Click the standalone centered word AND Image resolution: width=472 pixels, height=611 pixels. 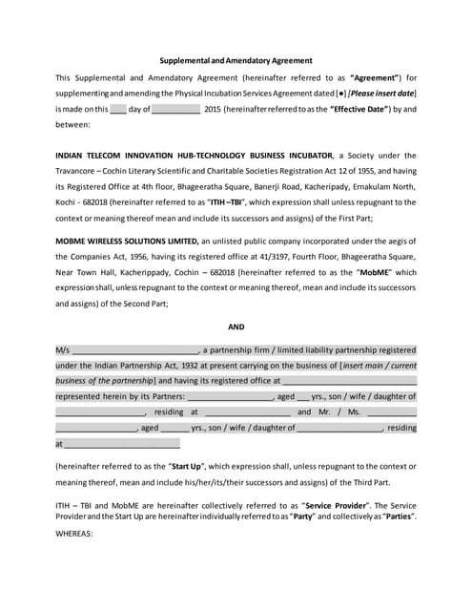click(x=236, y=327)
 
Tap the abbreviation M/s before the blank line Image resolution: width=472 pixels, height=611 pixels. click(x=63, y=349)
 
